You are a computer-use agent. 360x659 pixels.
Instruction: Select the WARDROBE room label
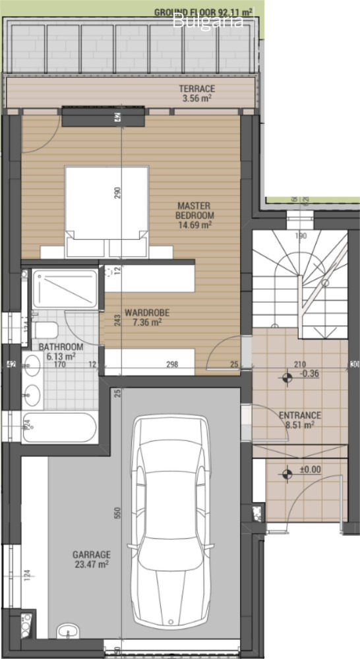click(x=147, y=318)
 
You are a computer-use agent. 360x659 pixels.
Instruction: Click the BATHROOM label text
click(x=61, y=351)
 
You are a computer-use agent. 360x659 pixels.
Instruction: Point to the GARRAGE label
click(x=92, y=559)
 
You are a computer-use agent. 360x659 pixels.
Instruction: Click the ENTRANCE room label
click(x=300, y=420)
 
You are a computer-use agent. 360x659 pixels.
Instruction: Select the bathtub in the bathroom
click(x=59, y=427)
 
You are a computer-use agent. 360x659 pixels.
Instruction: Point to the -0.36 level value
click(x=309, y=374)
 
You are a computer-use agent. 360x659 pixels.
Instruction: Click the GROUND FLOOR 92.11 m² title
click(x=209, y=12)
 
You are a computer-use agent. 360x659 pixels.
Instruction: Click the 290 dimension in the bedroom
click(x=118, y=193)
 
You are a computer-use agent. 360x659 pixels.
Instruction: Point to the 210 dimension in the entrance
click(x=300, y=364)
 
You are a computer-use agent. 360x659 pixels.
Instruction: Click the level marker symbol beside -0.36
click(x=285, y=378)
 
